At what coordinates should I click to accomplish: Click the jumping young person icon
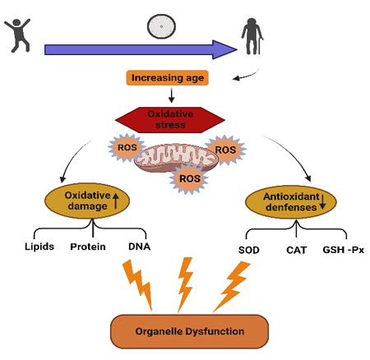coord(18,35)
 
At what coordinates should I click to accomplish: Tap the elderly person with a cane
coord(252,36)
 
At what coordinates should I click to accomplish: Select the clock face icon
coord(161,26)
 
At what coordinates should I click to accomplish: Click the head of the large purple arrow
coord(224,49)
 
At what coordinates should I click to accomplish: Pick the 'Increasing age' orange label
coord(167,78)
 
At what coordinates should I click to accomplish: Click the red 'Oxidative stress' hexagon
coord(170,120)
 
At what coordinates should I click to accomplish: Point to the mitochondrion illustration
coord(176,158)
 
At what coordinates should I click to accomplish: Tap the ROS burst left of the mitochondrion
coord(127,147)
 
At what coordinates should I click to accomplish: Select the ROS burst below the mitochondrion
coord(189,179)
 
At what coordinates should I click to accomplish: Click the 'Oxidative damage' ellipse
coord(87,201)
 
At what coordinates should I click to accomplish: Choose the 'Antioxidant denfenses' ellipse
coord(291,202)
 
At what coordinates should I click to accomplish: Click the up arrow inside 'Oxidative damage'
coord(116,201)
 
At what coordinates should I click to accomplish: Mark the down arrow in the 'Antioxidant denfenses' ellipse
coord(322,202)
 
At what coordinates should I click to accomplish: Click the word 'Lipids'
coord(39,247)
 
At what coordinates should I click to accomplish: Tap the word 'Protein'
coord(88,247)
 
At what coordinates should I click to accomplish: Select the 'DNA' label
coord(140,247)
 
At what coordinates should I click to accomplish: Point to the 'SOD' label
coord(249,250)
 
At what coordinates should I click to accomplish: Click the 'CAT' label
coord(297,250)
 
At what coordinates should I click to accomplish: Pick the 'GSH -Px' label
coord(344,250)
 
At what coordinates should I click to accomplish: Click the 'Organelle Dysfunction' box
coord(189,331)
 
